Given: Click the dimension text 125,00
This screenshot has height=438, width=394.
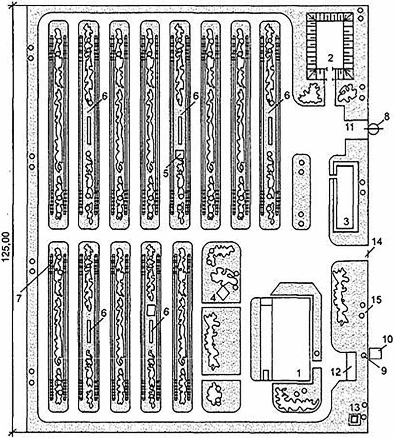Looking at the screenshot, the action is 6,247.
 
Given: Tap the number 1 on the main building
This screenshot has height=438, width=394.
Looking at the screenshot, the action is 299,373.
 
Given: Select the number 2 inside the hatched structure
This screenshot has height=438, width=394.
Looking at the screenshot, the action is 331,58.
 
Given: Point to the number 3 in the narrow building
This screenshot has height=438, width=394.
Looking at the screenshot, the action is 346,221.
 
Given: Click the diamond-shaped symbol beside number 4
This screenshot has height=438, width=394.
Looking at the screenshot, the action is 223,293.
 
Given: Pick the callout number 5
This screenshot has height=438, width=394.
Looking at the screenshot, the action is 166,173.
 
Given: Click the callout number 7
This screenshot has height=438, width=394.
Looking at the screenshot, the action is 19,298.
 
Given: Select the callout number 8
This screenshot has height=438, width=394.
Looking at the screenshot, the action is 387,116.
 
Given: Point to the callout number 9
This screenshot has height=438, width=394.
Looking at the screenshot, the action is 384,370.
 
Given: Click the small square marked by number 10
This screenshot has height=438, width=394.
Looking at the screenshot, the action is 375,354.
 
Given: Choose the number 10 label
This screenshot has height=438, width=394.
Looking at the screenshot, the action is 388,339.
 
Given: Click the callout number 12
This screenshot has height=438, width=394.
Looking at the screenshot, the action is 336,372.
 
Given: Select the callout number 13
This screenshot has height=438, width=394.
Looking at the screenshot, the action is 355,407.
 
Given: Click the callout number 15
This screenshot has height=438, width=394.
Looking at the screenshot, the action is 377,300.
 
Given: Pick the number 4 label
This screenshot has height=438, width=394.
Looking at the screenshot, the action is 213,298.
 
